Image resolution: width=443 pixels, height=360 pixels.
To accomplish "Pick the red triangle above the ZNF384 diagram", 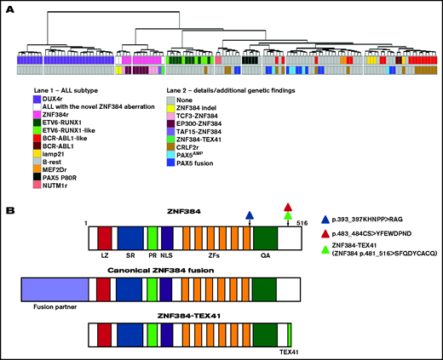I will [x=288, y=207].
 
